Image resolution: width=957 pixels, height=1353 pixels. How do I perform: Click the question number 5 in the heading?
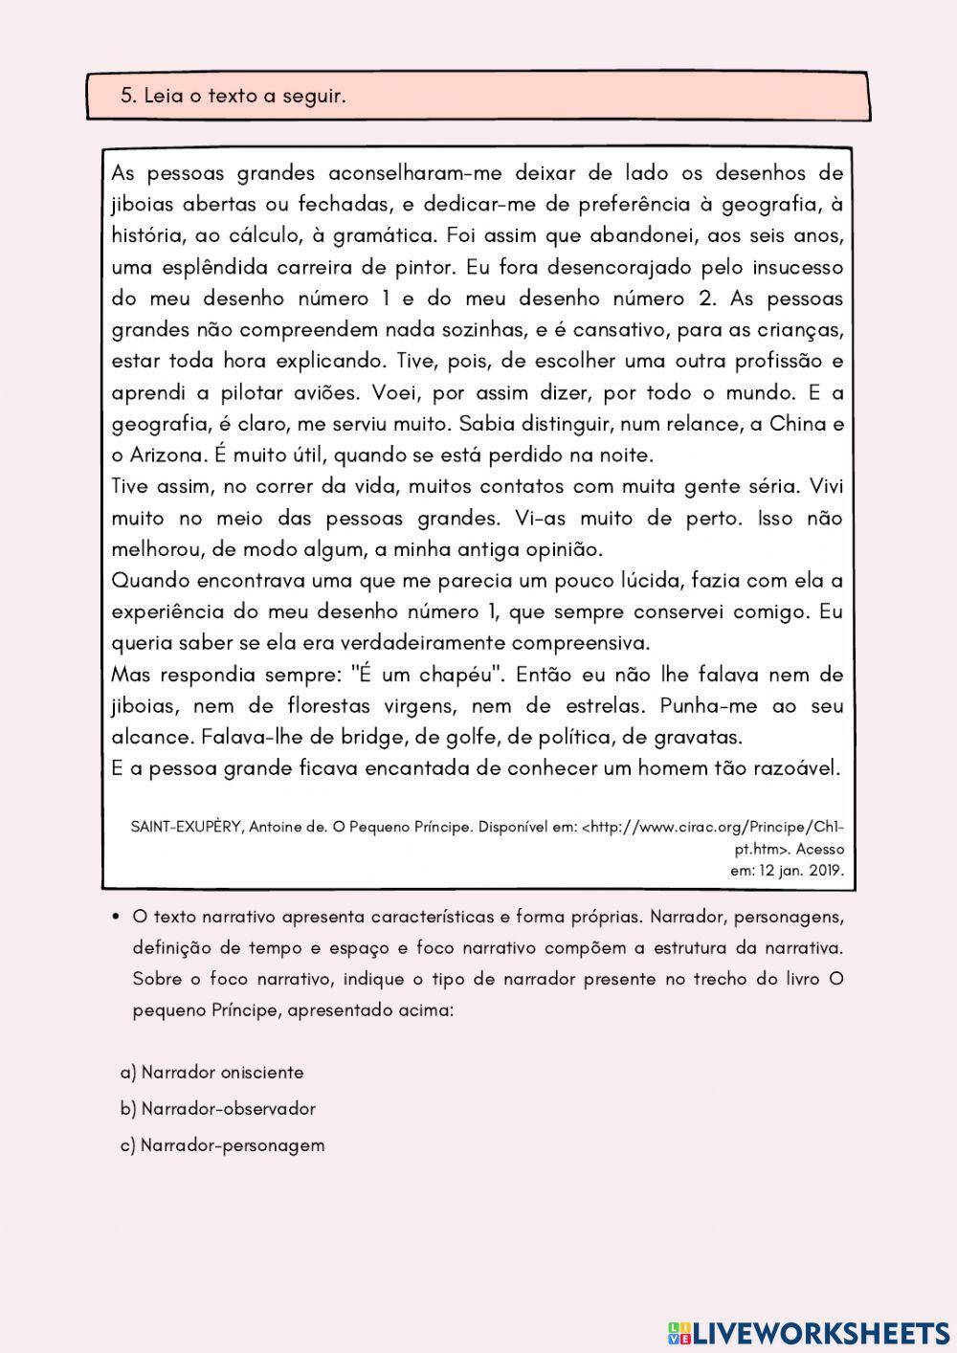(x=126, y=97)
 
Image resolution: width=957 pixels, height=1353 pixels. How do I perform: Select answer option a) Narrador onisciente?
(x=211, y=1073)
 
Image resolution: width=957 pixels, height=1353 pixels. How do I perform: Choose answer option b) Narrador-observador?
(x=217, y=1109)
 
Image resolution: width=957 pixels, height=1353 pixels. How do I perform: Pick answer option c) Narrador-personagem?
(x=222, y=1145)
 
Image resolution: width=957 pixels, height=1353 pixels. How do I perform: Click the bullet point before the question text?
(x=116, y=917)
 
